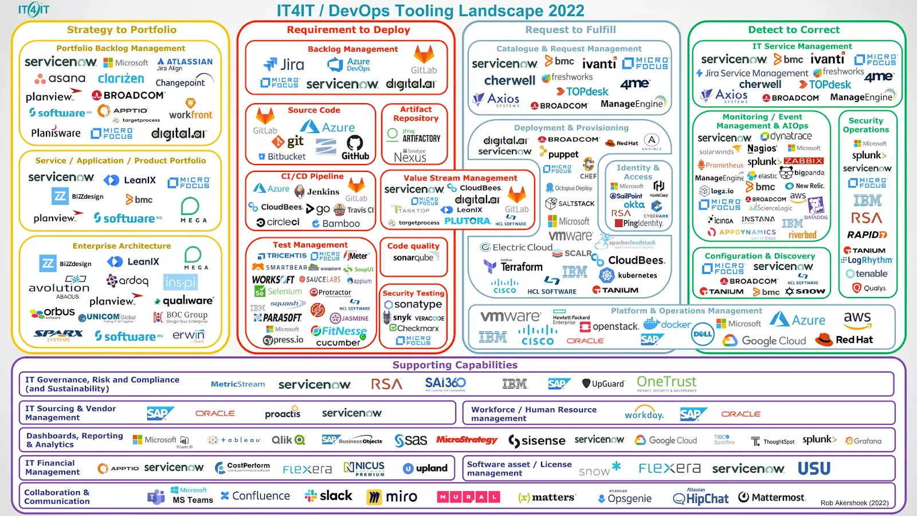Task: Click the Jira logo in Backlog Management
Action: tap(284, 65)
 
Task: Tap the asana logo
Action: tap(60, 79)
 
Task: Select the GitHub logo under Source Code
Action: tap(355, 148)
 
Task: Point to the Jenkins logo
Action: tap(317, 191)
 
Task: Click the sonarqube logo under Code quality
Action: tap(413, 258)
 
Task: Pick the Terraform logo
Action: tap(514, 267)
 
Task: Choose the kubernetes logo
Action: tap(629, 275)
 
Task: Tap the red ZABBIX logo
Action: tap(804, 161)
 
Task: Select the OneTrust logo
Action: tap(667, 383)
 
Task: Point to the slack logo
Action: tap(329, 496)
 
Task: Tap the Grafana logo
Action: tap(864, 441)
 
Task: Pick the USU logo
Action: tap(814, 469)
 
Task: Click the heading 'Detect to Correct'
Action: tap(794, 30)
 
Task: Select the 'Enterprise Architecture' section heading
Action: tap(122, 246)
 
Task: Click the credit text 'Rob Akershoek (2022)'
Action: tap(855, 503)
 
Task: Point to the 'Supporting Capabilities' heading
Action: tap(454, 365)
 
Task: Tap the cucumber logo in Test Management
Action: tap(338, 343)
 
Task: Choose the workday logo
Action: tap(644, 414)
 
